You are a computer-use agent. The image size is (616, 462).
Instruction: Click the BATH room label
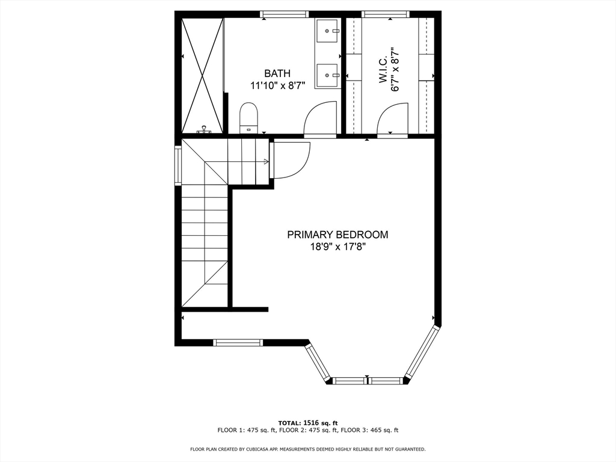pos(277,73)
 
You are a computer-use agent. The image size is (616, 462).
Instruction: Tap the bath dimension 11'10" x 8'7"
pos(277,85)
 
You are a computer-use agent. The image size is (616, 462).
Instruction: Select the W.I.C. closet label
pos(383,70)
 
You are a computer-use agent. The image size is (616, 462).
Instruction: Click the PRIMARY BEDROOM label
pos(337,235)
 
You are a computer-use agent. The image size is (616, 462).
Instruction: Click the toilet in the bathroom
pos(248,117)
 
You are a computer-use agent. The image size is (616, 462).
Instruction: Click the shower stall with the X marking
pos(202,75)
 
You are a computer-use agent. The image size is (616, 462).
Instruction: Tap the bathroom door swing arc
pos(321,119)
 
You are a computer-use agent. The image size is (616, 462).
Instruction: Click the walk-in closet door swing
pos(392,119)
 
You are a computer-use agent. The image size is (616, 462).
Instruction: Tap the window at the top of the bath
pos(285,14)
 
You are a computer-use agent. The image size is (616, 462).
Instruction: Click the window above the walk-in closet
pos(386,14)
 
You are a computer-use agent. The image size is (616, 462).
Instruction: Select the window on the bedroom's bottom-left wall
pos(238,342)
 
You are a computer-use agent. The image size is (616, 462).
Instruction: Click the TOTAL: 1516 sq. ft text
pos(307,422)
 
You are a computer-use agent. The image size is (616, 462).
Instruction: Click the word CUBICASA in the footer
pos(268,449)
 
